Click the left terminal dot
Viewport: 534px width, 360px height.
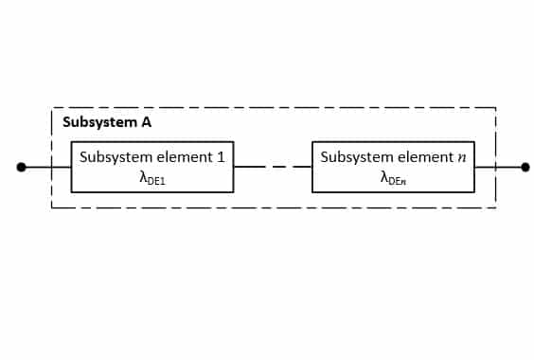[21, 167]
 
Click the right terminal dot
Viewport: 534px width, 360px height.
[525, 167]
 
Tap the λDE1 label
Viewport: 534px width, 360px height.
[151, 176]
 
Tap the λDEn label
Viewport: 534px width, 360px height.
[392, 176]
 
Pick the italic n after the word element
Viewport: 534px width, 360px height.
[462, 156]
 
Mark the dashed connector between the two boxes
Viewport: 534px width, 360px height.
[273, 167]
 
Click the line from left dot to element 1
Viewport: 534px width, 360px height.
[46, 167]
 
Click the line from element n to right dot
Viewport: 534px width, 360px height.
[500, 167]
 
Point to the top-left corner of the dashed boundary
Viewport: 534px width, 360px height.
[51, 108]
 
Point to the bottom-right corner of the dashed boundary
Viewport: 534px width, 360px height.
[495, 207]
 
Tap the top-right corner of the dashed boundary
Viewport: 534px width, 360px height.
[495, 108]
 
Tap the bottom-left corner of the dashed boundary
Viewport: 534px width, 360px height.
[51, 207]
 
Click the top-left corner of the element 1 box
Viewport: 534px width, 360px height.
[72, 143]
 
